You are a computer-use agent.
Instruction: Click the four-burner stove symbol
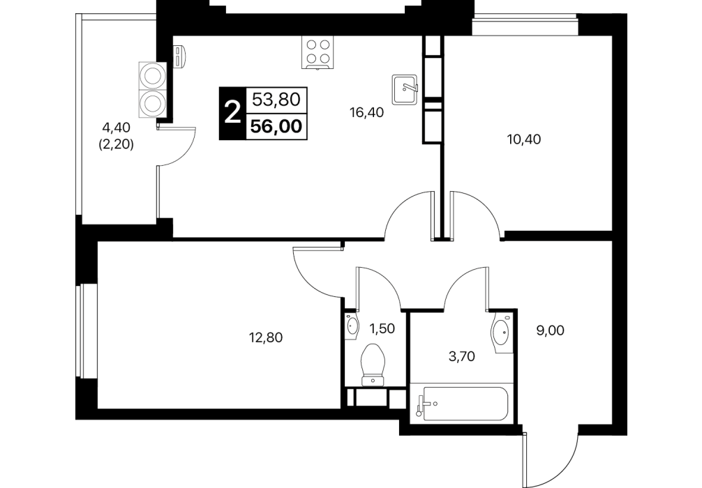[318, 53]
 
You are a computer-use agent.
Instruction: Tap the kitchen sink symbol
[405, 89]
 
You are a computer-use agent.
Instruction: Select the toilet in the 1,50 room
[373, 364]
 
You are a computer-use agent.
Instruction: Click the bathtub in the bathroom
[461, 404]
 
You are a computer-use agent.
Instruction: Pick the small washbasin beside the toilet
[352, 326]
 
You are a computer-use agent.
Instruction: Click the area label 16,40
[366, 113]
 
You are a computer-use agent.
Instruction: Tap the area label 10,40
[524, 139]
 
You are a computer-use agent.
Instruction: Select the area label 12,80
[266, 337]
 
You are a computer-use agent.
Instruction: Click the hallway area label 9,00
[551, 330]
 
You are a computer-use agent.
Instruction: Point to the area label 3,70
[461, 356]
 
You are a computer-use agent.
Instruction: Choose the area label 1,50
[382, 329]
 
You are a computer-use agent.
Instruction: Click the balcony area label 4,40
[116, 128]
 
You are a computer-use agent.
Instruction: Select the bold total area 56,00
[276, 127]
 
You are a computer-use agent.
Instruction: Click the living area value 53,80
[276, 99]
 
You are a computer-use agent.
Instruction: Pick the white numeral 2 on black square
[232, 113]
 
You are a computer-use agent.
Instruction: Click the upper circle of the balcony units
[152, 75]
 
